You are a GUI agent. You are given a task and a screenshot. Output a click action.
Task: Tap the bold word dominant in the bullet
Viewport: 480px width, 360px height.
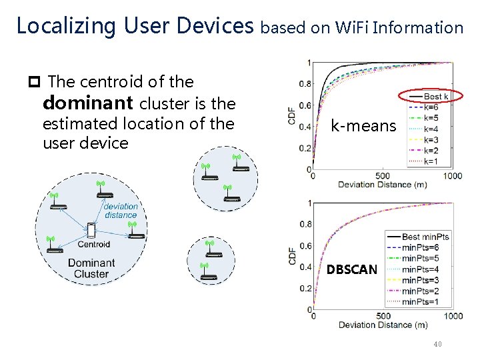pyautogui.click(x=88, y=103)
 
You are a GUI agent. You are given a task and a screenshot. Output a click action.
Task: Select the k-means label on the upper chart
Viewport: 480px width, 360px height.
pyautogui.click(x=363, y=125)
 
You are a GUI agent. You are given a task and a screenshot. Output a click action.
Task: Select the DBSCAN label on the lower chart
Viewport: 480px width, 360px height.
pyautogui.click(x=351, y=269)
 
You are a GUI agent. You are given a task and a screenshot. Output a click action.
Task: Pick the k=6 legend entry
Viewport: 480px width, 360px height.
pyautogui.click(x=431, y=107)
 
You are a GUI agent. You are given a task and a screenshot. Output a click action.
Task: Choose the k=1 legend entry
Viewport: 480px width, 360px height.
pyautogui.click(x=431, y=161)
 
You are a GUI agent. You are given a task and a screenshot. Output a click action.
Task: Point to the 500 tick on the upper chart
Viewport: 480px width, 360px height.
pyautogui.click(x=383, y=176)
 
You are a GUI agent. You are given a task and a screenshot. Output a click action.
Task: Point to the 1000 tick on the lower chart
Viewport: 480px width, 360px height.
pyautogui.click(x=453, y=316)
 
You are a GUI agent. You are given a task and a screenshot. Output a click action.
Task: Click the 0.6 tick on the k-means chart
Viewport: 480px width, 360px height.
pyautogui.click(x=304, y=105)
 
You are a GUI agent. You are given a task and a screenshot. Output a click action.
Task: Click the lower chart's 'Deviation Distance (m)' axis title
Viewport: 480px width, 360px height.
pyautogui.click(x=383, y=325)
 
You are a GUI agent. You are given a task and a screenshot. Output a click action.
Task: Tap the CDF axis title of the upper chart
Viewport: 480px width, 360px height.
pyautogui.click(x=292, y=117)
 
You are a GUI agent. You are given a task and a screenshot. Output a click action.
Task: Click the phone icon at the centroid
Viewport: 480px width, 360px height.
pyautogui.click(x=91, y=231)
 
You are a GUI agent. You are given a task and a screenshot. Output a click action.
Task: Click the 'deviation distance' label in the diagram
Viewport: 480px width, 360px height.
pyautogui.click(x=121, y=211)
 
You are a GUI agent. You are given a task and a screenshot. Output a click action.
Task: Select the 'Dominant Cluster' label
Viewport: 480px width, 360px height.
pyautogui.click(x=91, y=268)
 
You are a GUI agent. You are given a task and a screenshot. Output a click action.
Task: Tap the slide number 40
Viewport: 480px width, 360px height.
pyautogui.click(x=437, y=344)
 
